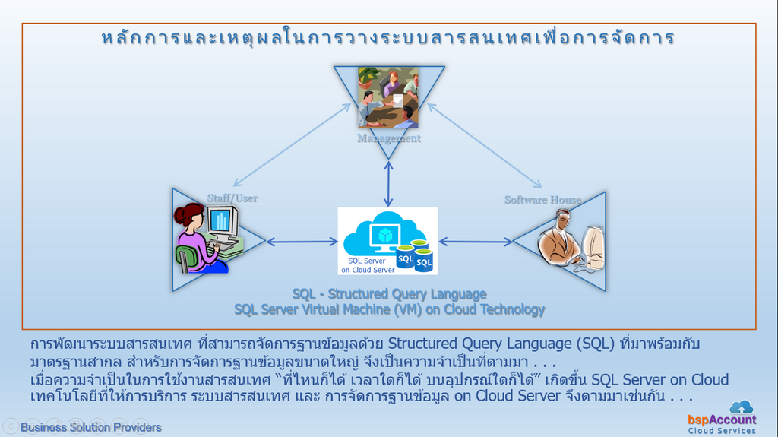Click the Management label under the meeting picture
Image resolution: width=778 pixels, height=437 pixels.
(388, 138)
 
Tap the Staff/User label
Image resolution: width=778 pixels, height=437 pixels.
(232, 198)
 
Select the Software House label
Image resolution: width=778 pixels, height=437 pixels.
(542, 200)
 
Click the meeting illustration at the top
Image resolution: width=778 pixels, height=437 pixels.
(388, 98)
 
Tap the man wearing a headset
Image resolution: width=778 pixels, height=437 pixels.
(561, 239)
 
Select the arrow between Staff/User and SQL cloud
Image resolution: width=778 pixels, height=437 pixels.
(302, 242)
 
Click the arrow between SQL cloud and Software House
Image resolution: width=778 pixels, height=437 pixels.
(476, 242)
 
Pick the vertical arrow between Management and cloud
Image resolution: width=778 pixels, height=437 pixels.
(388, 184)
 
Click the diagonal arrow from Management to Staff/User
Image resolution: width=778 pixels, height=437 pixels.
(293, 145)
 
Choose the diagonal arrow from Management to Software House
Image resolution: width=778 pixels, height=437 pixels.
(485, 145)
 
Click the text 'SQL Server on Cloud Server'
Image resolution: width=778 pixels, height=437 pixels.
(368, 266)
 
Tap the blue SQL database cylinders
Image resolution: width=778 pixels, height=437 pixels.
(415, 255)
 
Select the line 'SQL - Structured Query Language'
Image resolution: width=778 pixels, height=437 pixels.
(390, 294)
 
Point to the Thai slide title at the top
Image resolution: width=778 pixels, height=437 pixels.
(388, 38)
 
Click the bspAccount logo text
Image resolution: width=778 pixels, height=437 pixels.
(722, 420)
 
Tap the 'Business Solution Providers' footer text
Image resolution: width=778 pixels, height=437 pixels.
(91, 428)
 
